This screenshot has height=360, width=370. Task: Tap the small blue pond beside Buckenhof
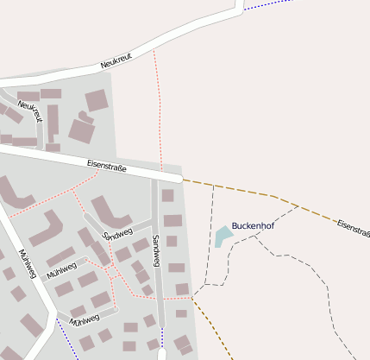tap(223, 236)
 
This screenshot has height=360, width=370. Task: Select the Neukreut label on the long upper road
tap(116, 60)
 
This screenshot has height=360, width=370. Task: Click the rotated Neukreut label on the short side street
tap(30, 111)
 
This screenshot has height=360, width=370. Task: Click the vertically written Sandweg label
tap(156, 250)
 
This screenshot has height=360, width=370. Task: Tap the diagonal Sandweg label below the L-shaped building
tap(117, 234)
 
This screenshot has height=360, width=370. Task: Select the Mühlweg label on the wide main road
tap(28, 264)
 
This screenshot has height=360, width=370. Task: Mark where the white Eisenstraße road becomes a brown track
tap(183, 180)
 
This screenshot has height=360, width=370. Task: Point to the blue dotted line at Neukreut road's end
tap(267, 4)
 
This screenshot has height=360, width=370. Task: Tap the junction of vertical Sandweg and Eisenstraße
tap(155, 176)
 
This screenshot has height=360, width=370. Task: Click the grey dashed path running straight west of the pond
tap(210, 233)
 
